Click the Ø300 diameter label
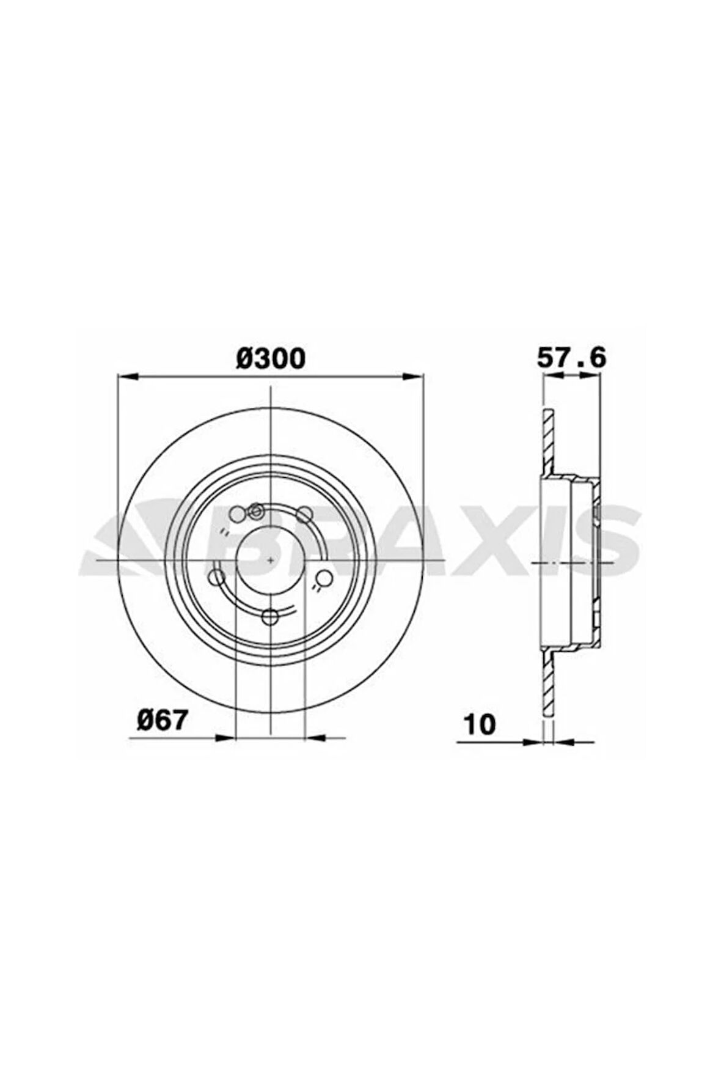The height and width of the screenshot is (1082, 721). pos(270,358)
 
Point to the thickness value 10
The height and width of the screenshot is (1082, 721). pos(480,724)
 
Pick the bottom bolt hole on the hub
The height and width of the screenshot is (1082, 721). pos(269,617)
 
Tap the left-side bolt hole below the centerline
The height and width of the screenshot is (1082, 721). pos(216,576)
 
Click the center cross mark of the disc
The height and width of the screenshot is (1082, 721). pos(270,559)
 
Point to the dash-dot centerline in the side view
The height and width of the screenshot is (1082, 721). pos(574,561)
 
